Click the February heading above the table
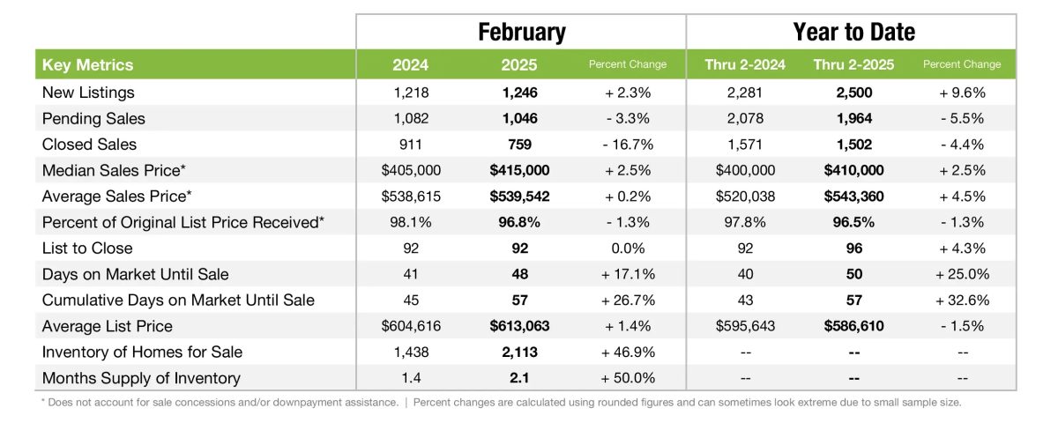tap(521, 33)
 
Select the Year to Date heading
tap(853, 33)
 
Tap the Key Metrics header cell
tap(87, 64)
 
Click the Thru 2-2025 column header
tap(853, 64)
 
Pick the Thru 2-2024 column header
tap(745, 64)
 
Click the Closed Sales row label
tap(89, 144)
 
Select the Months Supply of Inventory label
tap(141, 378)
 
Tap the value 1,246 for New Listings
tap(519, 92)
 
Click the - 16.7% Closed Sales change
tap(627, 144)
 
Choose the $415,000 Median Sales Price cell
tap(519, 170)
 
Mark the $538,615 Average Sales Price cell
tap(411, 196)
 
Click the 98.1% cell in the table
tap(411, 222)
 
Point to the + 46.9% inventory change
tap(627, 352)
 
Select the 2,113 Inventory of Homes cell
tap(519, 352)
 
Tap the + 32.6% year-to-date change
tap(961, 301)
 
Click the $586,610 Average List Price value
tap(853, 326)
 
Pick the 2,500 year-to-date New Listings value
tap(853, 92)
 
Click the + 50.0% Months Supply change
tap(627, 378)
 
